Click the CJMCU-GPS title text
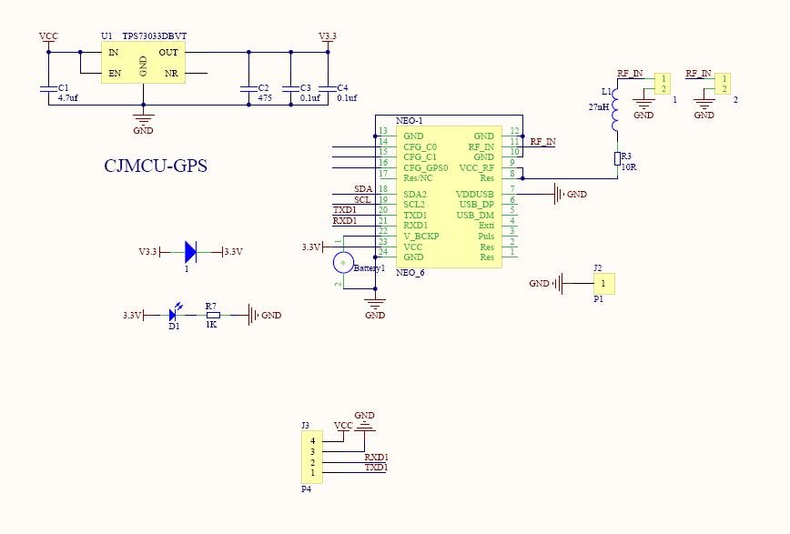pyautogui.click(x=155, y=166)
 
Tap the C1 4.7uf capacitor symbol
pyautogui.click(x=48, y=89)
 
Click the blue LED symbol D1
pyautogui.click(x=174, y=315)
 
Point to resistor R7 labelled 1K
pyautogui.click(x=211, y=316)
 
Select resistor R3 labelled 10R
pyautogui.click(x=617, y=159)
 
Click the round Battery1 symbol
pyautogui.click(x=343, y=263)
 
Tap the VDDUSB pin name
pyautogui.click(x=474, y=194)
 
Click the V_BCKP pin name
pyautogui.click(x=420, y=236)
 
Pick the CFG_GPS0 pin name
pyautogui.click(x=425, y=167)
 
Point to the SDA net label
pyautogui.click(x=362, y=189)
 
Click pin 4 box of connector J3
pyautogui.click(x=311, y=441)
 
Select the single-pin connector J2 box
pyautogui.click(x=602, y=284)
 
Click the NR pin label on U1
pyautogui.click(x=170, y=73)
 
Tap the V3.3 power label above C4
pyautogui.click(x=328, y=36)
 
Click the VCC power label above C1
pyautogui.click(x=48, y=36)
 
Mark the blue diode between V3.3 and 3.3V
pyautogui.click(x=190, y=251)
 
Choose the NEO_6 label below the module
pyautogui.click(x=410, y=272)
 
